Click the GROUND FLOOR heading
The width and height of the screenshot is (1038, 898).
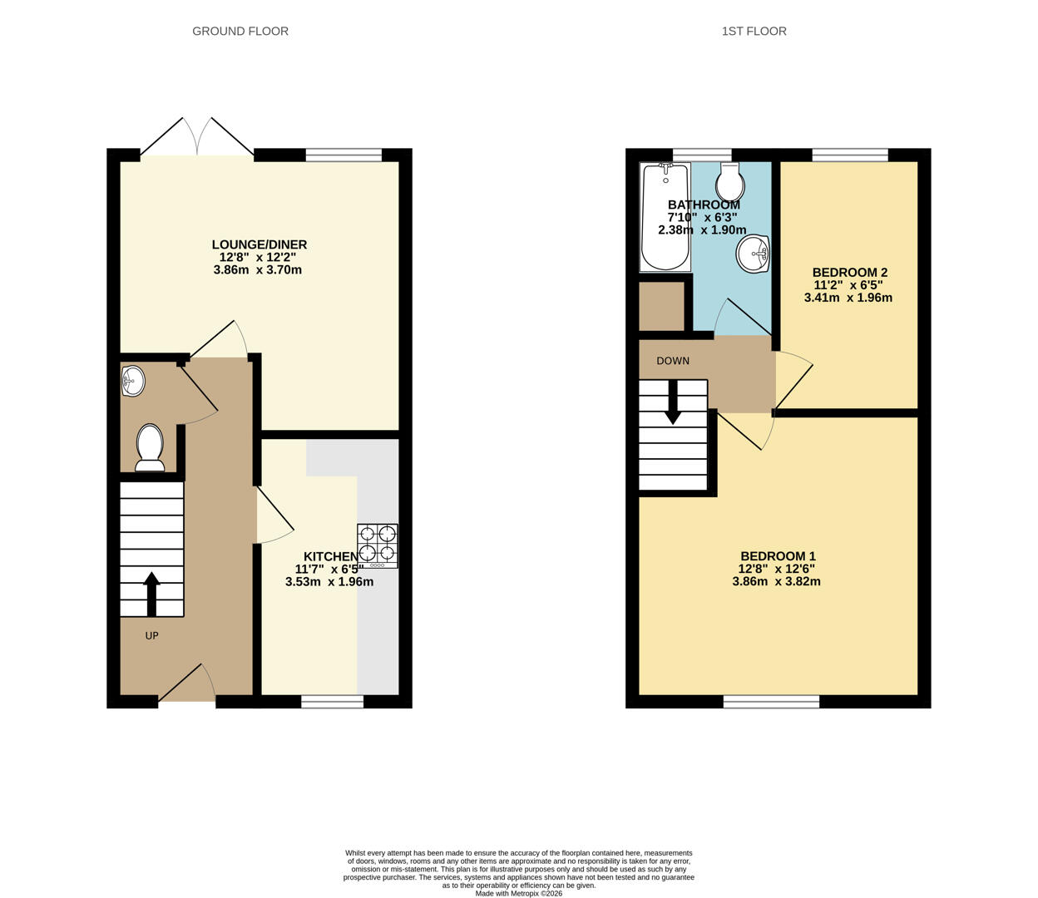click(240, 31)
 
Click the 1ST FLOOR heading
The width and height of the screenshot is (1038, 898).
click(754, 31)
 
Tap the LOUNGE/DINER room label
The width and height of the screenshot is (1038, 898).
click(259, 244)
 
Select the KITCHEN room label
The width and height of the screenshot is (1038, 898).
click(330, 556)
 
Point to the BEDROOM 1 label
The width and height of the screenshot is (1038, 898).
click(778, 556)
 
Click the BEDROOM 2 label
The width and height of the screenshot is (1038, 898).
click(850, 272)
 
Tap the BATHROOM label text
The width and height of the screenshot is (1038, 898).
click(704, 205)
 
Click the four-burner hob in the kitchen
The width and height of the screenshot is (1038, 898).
click(378, 546)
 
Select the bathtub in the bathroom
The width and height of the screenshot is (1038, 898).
click(665, 217)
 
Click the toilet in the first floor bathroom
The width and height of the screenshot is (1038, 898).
click(730, 182)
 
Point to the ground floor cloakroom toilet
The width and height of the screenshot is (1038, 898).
click(151, 447)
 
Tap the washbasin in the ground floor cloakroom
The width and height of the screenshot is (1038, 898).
click(132, 382)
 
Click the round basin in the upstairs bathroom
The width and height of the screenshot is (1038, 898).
click(753, 254)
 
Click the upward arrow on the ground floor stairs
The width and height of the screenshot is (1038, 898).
click(151, 595)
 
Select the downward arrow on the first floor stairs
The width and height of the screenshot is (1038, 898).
click(672, 402)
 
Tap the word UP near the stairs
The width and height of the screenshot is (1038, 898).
click(151, 635)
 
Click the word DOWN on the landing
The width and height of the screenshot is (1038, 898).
click(673, 361)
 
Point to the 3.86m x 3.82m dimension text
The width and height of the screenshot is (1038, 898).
click(776, 582)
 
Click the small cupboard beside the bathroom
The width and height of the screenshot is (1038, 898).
click(661, 306)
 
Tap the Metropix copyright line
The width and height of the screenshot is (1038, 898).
click(519, 894)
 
